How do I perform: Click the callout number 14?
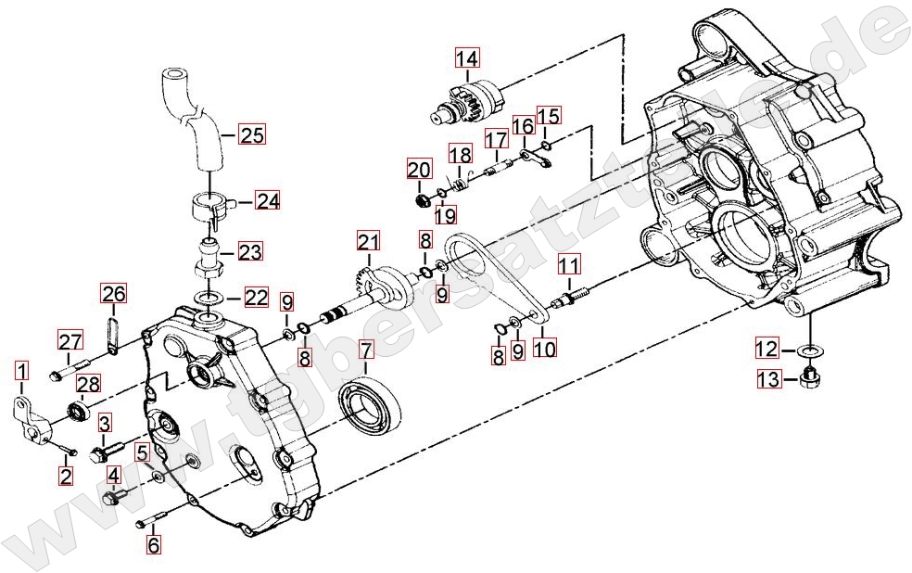(466, 58)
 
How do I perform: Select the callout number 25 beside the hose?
(252, 135)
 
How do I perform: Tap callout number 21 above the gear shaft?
(368, 241)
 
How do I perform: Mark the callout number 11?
(569, 265)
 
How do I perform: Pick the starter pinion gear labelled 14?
(469, 103)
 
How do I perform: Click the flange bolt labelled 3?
(107, 452)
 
